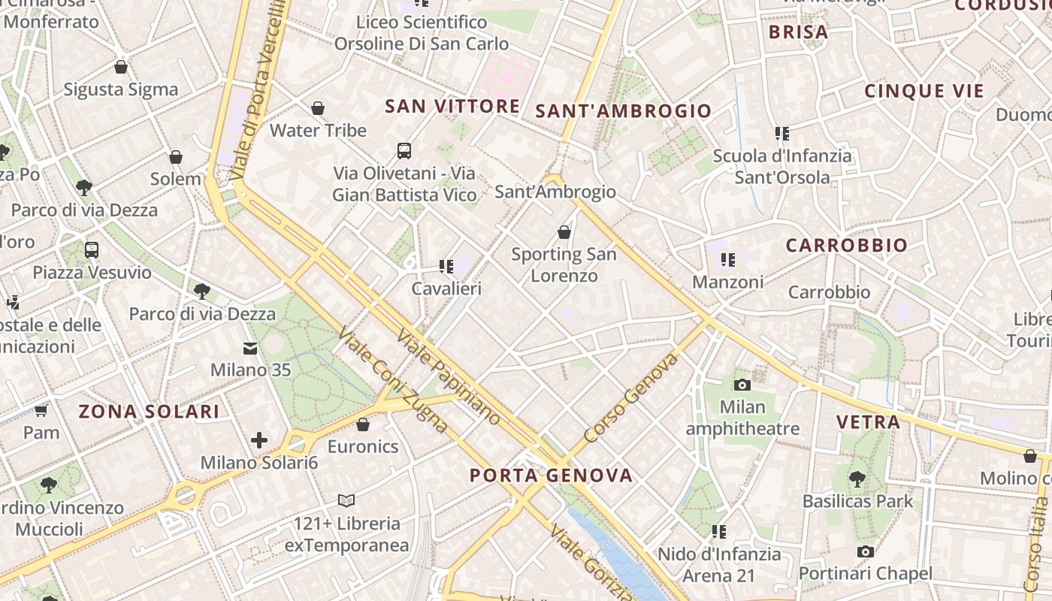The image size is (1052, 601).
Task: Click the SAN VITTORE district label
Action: point(452,106)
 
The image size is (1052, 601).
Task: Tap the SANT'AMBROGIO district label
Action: point(623,111)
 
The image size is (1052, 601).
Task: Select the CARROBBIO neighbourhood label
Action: point(846,245)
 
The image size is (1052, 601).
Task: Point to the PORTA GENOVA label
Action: point(551,475)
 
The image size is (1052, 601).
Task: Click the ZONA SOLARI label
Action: point(149,411)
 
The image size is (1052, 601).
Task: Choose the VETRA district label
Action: point(868,421)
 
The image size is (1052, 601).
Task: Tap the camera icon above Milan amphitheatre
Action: point(742,385)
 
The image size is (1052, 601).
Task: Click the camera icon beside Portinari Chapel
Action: point(865,552)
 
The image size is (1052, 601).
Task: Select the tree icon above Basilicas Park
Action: point(857,479)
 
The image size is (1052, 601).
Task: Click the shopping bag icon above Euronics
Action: point(363,424)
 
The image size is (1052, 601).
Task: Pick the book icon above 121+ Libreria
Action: point(346,500)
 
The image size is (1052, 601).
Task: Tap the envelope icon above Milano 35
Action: point(249,349)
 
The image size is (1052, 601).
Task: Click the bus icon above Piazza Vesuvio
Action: point(92,250)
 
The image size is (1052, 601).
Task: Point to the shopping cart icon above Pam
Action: point(41,410)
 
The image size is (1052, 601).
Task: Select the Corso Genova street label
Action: point(630,397)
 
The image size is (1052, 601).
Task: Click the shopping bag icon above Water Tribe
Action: point(318,108)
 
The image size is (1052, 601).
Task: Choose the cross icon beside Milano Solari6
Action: point(259,440)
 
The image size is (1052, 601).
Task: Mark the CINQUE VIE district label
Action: point(924,92)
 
